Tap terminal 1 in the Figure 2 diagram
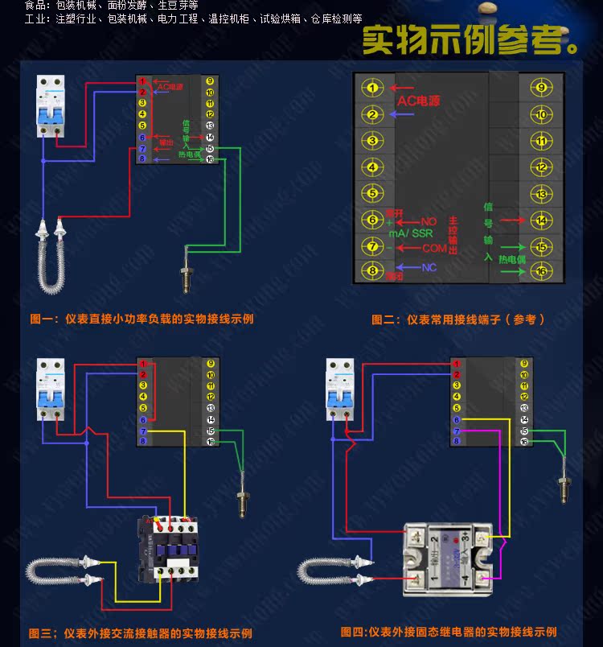coord(371,88)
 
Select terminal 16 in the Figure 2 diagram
coord(541,271)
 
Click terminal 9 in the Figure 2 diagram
coord(541,88)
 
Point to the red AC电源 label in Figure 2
coord(419,102)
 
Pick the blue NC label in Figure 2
coord(429,267)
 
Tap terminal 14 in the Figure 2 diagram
coord(541,220)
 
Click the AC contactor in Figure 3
coord(168,547)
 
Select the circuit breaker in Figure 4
coord(339,389)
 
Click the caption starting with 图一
coord(142,319)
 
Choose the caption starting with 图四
coord(448,632)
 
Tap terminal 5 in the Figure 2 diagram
coord(371,193)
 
